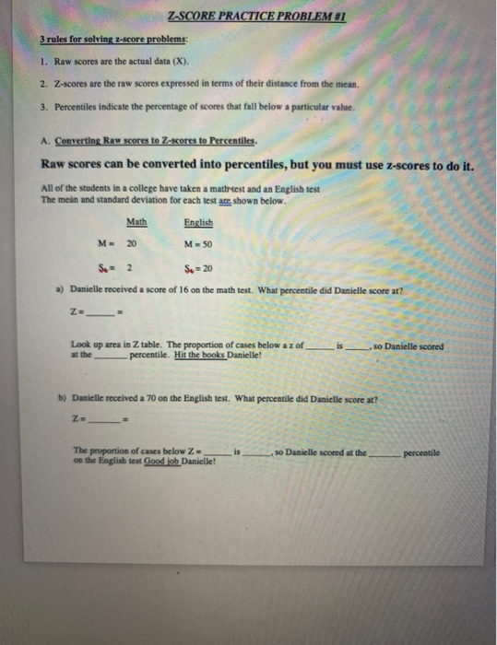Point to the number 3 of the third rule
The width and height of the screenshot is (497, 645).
[x=45, y=106]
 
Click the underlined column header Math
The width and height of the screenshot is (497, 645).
[x=136, y=222]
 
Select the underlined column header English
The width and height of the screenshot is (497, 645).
[x=198, y=222]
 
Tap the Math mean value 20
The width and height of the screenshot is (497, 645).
[x=131, y=243]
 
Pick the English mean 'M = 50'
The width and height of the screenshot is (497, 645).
[x=199, y=243]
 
